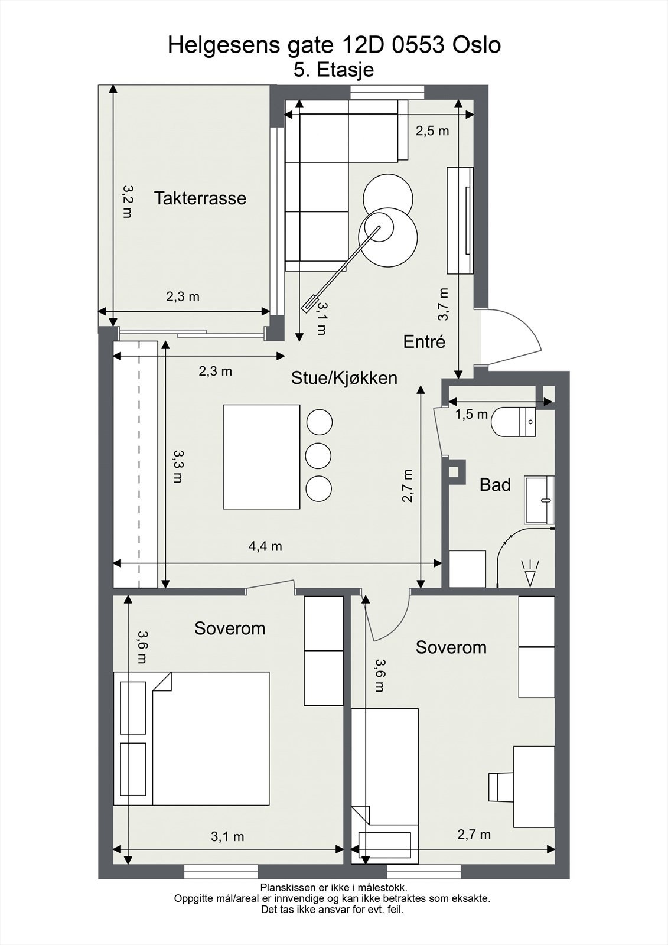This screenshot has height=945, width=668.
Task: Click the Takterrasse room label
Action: [200, 198]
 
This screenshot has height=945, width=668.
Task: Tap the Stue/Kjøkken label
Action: [344, 378]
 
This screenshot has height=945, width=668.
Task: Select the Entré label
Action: [424, 342]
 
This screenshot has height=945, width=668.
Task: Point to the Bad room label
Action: [495, 485]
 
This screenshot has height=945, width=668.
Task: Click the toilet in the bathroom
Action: [513, 422]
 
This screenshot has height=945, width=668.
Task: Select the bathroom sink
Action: [539, 500]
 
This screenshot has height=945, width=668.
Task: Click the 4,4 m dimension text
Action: [265, 547]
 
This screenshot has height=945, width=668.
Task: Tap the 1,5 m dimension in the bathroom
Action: [471, 414]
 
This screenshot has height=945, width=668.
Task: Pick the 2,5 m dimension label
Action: [432, 131]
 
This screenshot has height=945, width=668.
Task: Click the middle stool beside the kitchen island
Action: [318, 455]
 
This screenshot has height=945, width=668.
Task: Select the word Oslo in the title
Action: [477, 45]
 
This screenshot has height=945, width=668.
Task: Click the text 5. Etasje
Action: [334, 70]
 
